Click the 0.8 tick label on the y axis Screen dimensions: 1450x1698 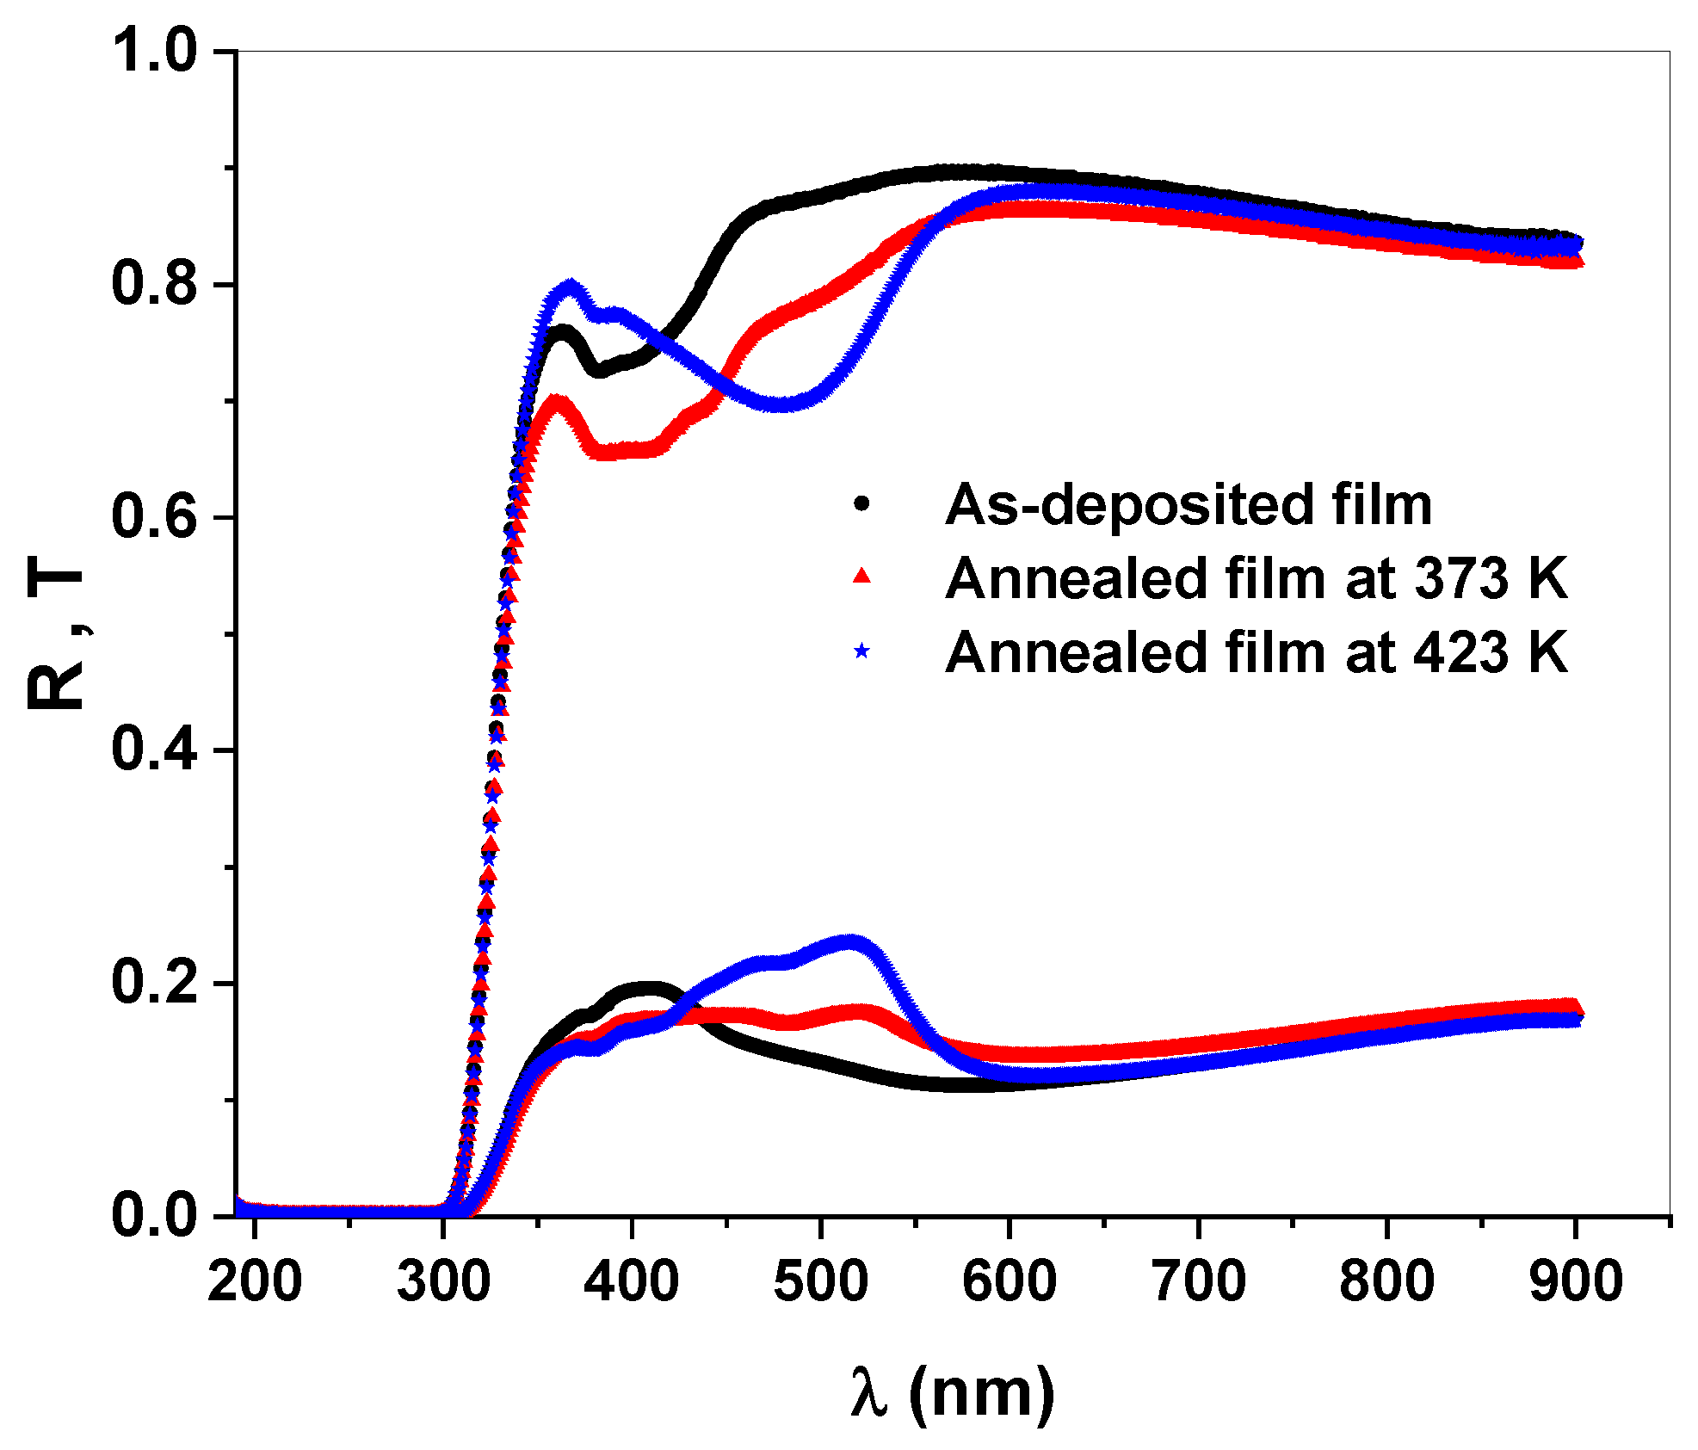click(x=155, y=284)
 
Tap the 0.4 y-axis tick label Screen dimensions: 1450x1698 click(x=155, y=750)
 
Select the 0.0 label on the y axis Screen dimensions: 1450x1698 click(x=155, y=1216)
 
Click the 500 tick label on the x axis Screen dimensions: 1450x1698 click(x=820, y=1280)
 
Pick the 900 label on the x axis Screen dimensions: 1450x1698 click(x=1575, y=1280)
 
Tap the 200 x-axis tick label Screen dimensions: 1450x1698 click(x=255, y=1280)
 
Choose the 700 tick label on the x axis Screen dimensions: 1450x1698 click(x=1198, y=1280)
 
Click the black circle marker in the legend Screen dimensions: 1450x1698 click(x=861, y=503)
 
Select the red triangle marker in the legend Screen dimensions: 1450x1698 click(x=861, y=577)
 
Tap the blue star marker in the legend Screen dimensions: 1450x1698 click(x=861, y=651)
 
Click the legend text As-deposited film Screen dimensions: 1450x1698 click(x=1188, y=504)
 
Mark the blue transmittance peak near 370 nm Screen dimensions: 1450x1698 click(x=570, y=287)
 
